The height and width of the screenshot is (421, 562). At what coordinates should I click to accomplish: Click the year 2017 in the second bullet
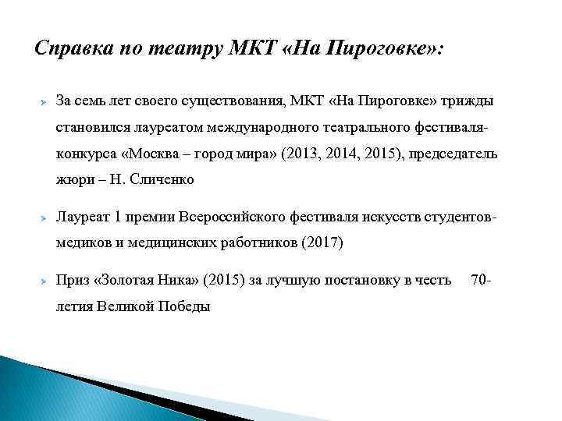[321, 242]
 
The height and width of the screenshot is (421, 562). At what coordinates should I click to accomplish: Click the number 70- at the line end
[482, 279]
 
